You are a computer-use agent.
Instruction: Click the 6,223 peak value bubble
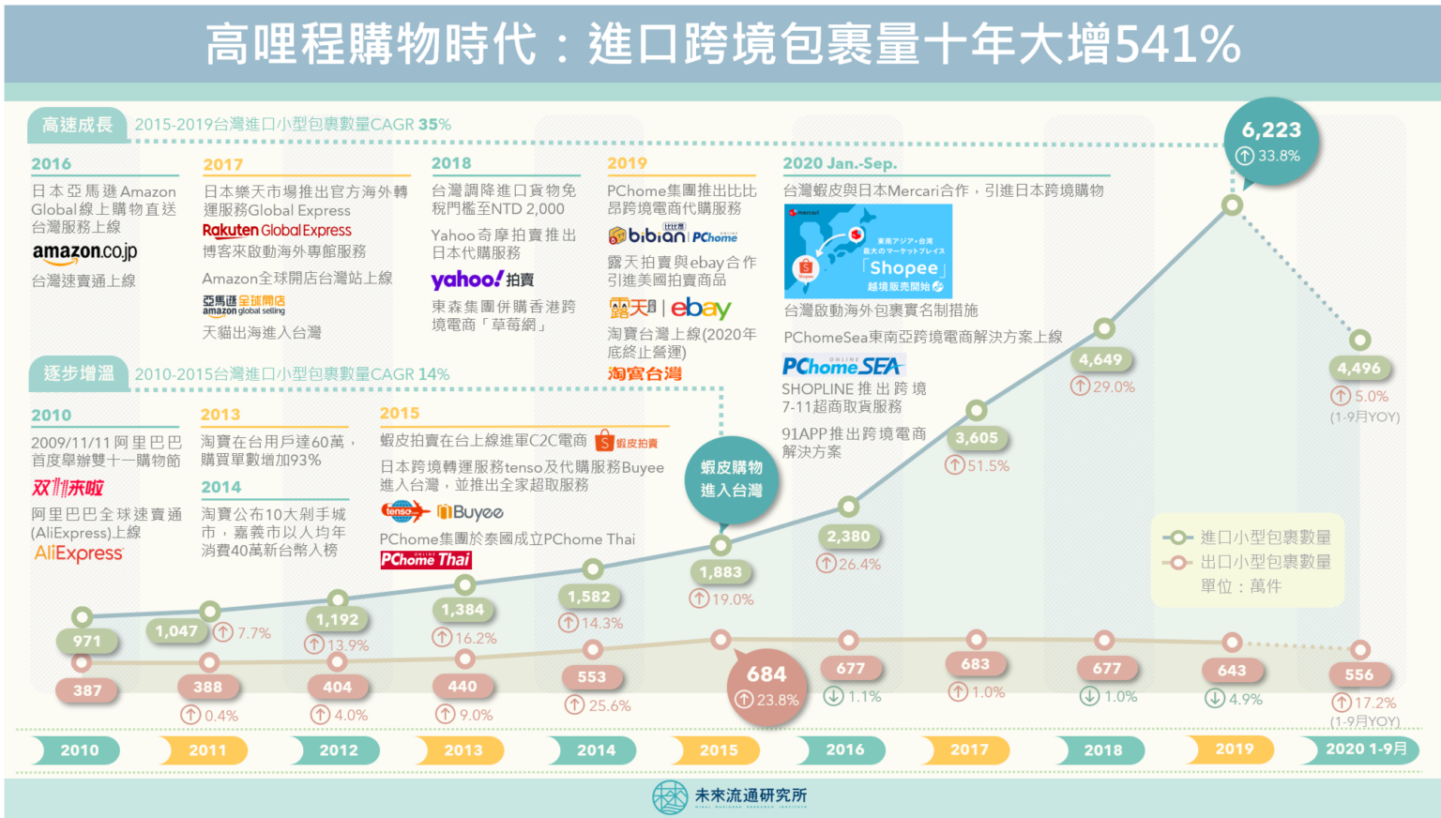pyautogui.click(x=1271, y=141)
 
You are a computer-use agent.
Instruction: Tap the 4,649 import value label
pyautogui.click(x=1100, y=359)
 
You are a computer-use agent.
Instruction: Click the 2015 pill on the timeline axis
pyautogui.click(x=719, y=750)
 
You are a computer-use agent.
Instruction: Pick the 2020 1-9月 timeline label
pyautogui.click(x=1365, y=749)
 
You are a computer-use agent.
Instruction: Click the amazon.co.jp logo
pyautogui.click(x=84, y=252)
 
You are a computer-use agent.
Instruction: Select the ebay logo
pyautogui.click(x=701, y=308)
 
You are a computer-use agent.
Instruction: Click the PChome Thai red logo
pyautogui.click(x=425, y=560)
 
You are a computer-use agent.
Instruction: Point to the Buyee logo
pyautogui.click(x=471, y=512)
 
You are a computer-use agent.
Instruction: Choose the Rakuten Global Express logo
pyautogui.click(x=277, y=230)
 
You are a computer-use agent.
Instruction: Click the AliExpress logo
pyautogui.click(x=79, y=553)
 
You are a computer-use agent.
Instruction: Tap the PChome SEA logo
pyautogui.click(x=842, y=366)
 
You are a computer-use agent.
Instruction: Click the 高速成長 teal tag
pyautogui.click(x=77, y=125)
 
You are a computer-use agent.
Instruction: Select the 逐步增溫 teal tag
pyautogui.click(x=78, y=373)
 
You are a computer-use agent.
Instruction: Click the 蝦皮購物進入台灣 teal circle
pyautogui.click(x=731, y=478)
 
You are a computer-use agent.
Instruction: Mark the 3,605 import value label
pyautogui.click(x=977, y=438)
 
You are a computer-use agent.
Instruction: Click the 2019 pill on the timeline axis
pyautogui.click(x=1234, y=749)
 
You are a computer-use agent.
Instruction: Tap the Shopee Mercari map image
pyautogui.click(x=868, y=251)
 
